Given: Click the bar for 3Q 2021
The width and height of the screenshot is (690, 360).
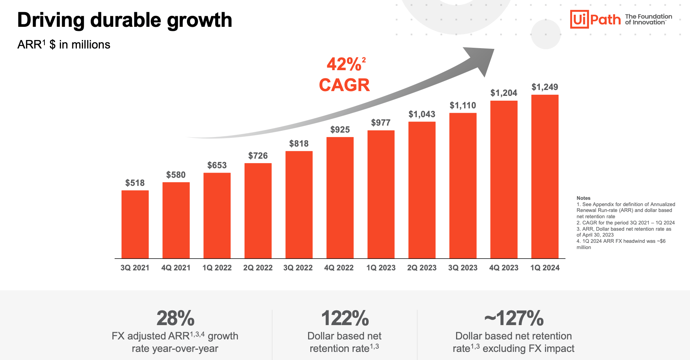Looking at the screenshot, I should [x=135, y=224].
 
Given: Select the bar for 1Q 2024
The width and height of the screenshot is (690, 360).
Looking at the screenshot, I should [x=545, y=176].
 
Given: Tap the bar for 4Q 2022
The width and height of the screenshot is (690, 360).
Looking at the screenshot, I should [x=340, y=198].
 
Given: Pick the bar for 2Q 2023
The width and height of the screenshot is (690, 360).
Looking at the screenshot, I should [x=422, y=190].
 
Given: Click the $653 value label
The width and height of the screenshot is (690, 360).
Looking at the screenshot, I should [x=217, y=165].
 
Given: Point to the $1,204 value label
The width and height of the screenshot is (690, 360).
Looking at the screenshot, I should [x=503, y=93].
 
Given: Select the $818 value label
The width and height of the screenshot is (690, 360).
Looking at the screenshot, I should [x=299, y=144].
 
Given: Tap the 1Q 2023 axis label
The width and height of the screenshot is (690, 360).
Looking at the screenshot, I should [x=381, y=268].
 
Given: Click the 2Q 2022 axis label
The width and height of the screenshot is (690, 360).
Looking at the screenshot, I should [x=258, y=268].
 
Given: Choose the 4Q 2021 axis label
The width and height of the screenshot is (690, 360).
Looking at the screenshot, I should [x=176, y=268].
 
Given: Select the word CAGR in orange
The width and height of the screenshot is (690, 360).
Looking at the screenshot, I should [x=344, y=85].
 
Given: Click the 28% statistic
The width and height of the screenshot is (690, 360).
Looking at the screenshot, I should [x=175, y=318].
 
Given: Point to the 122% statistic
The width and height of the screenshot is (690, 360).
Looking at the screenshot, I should [x=344, y=318].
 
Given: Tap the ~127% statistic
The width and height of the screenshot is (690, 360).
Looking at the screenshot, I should [x=513, y=318].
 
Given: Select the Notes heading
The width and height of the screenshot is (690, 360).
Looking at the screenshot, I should [x=583, y=198].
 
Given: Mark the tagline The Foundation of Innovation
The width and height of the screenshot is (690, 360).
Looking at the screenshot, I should [x=648, y=19].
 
